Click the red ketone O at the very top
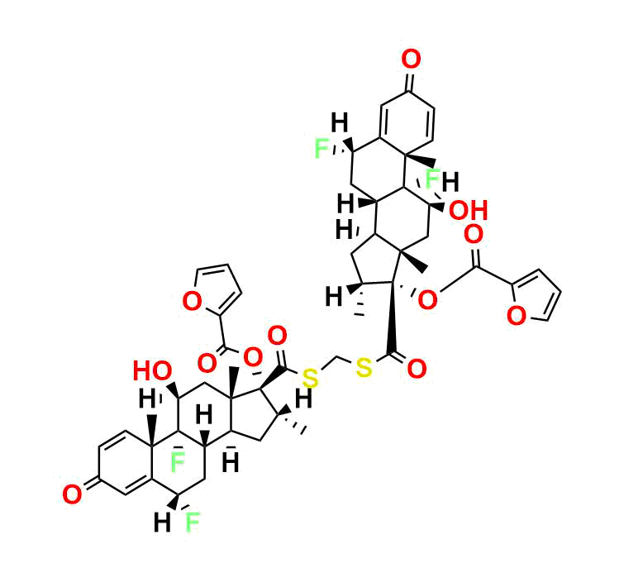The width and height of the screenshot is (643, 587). click(x=411, y=59)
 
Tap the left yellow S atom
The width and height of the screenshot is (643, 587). click(x=311, y=378)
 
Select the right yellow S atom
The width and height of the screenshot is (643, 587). click(x=364, y=367)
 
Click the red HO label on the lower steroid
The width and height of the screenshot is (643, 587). click(x=152, y=371)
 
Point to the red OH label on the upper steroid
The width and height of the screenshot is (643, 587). click(x=469, y=211)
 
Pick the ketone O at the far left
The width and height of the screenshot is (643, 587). click(x=72, y=494)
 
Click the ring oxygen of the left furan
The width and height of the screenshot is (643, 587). click(x=192, y=301)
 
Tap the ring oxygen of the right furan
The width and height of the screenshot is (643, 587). click(x=517, y=317)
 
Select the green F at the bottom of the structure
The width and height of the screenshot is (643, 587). click(x=193, y=523)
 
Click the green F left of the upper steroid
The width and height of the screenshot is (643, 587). click(x=321, y=149)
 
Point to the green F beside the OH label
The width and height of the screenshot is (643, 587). click(x=433, y=179)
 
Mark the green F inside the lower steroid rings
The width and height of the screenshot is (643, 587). click(x=178, y=462)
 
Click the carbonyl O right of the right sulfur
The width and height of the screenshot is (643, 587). click(x=417, y=368)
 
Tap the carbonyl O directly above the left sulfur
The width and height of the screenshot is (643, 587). click(x=277, y=336)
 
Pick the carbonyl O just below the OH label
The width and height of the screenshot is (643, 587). click(x=474, y=234)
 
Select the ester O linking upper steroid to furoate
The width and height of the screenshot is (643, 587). click(x=427, y=299)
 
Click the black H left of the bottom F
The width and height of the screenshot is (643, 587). click(x=162, y=523)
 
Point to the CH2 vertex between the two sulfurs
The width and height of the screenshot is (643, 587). click(x=336, y=356)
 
